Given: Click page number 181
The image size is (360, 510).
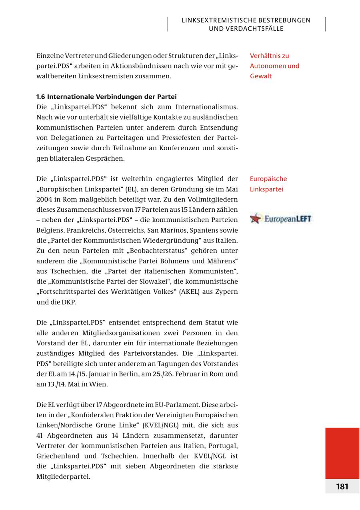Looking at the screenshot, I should coord(342,486).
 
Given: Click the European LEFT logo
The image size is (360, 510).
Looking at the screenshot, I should coord(280,219).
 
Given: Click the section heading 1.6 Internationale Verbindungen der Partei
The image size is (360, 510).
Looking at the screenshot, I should coord(106,97).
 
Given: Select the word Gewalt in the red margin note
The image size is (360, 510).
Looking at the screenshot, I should coord(261,76).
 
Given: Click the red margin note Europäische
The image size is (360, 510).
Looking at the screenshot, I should coord(268,179).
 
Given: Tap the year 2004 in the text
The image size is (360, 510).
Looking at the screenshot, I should coord(44,199).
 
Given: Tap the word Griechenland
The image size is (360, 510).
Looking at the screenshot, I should coord(56,456).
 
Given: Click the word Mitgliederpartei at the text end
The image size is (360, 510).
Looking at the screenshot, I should coord(63,476).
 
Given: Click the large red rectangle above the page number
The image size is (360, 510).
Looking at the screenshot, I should coord(342,452).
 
